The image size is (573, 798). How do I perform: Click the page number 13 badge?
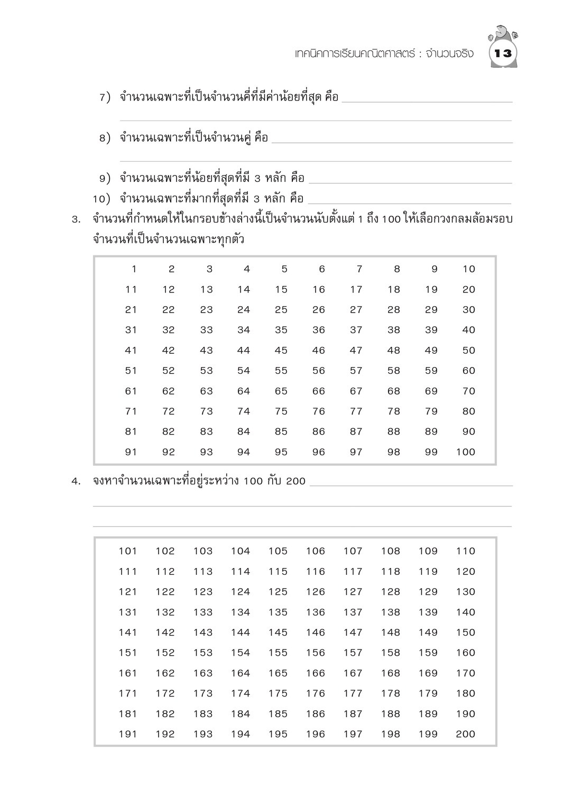coord(503,53)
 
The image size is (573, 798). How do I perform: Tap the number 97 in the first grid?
coord(356,452)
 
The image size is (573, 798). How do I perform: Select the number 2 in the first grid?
coord(171,269)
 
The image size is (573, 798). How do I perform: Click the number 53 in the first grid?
coord(206,371)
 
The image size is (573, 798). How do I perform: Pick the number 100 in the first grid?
coord(466,452)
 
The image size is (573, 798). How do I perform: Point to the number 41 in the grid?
coord(131,351)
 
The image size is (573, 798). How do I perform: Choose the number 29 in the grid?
coord(431,310)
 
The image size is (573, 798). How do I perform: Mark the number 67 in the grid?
coord(356,391)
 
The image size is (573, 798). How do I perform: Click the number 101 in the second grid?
coord(128,551)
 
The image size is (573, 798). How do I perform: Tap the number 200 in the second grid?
coord(466,734)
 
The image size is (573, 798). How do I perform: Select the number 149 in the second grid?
coord(428,632)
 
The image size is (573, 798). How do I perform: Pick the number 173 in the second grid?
coord(203,693)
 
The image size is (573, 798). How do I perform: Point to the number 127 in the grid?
coord(353,592)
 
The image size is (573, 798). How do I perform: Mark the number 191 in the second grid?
coord(128,734)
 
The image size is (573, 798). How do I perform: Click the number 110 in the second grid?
coord(466,551)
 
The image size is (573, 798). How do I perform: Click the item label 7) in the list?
coord(105,97)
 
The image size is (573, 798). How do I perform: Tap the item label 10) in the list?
coord(101,199)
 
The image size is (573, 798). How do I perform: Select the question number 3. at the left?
coord(76,219)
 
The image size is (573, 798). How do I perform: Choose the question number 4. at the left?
coord(76,481)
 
